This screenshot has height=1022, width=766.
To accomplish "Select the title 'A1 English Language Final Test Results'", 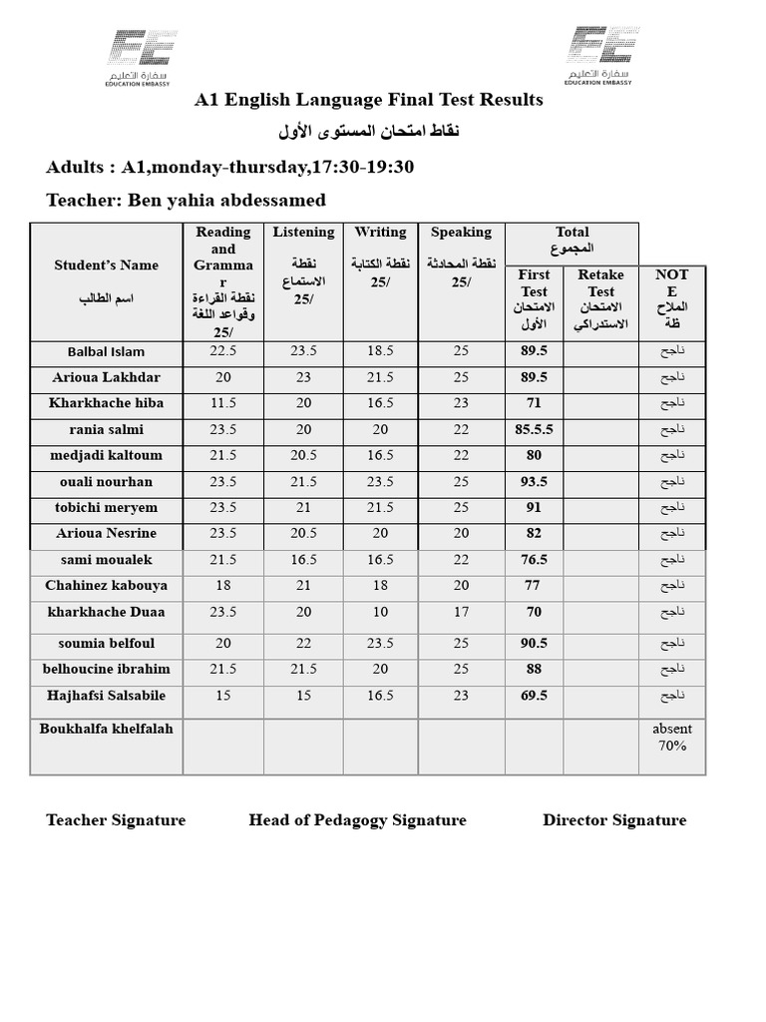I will pos(369,100).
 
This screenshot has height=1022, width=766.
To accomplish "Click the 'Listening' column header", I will pos(303,233).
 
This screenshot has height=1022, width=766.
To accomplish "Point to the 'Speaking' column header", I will pos(461,233).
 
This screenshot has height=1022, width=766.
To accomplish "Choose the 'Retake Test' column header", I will pos(600,283).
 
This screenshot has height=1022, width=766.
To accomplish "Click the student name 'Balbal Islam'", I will pos(106,351).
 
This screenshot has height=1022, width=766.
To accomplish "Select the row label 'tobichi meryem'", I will pos(106,507).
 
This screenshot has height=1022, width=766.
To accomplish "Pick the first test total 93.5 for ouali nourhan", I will pos(534,481).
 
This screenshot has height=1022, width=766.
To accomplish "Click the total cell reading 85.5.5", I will pos(534,429).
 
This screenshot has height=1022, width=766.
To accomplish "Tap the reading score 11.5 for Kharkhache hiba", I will pos(222,403).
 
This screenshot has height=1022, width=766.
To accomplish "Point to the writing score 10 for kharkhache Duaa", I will pos(380,612).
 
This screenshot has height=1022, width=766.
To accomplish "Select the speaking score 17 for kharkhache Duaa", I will pos(461,612).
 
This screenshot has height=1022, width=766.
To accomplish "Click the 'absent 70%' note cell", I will pos(672,737).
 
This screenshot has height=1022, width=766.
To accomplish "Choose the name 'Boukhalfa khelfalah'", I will pos(106,729).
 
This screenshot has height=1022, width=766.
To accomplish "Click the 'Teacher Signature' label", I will pos(116,820).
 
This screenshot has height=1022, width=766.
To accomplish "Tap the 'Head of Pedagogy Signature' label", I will pos(357,820).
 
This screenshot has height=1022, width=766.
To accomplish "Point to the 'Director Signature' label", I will pos(614,820).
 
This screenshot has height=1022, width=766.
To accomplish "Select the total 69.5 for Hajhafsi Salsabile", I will pos(534,696).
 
